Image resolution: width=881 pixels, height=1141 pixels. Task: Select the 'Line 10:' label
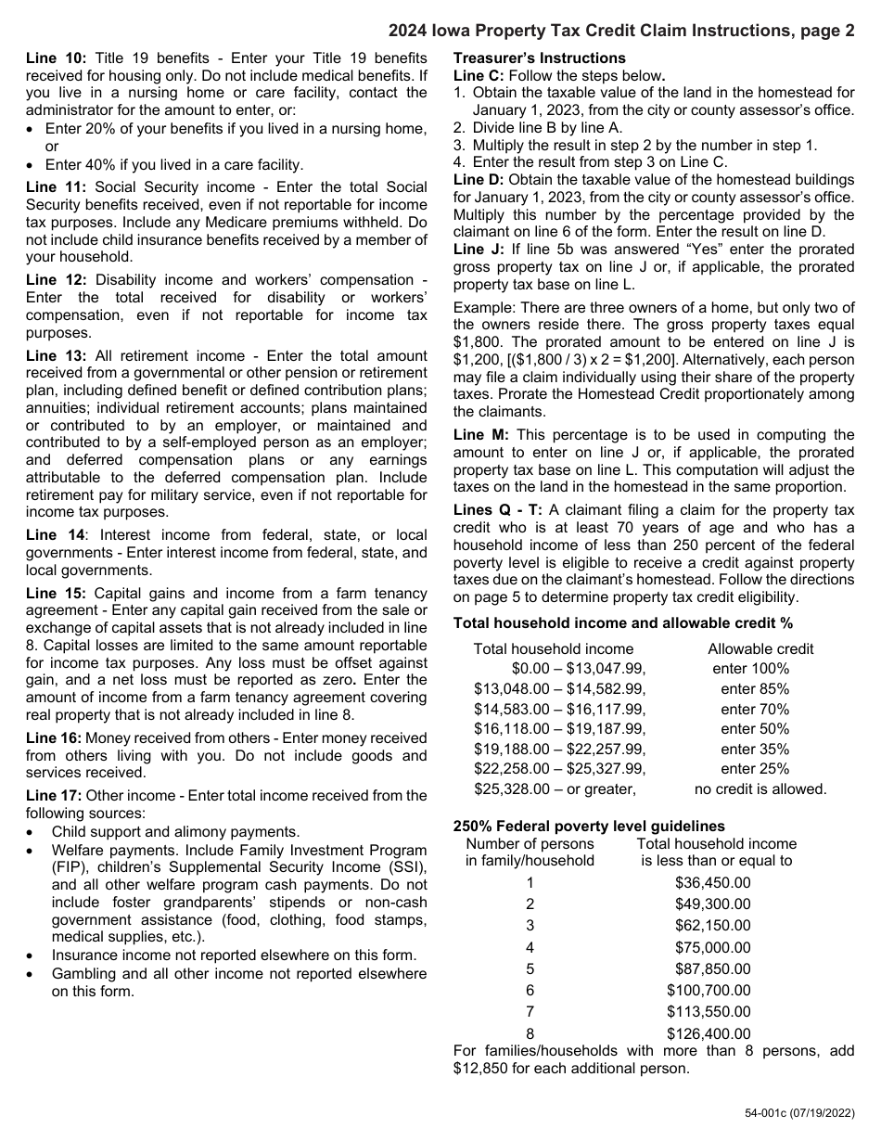click(x=56, y=58)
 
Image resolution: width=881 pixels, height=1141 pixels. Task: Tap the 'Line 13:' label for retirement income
click(x=56, y=355)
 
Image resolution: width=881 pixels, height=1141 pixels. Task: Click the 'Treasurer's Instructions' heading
click(x=539, y=58)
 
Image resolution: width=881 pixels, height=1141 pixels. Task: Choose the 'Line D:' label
click(x=479, y=179)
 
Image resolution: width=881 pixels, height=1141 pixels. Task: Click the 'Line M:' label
click(x=479, y=435)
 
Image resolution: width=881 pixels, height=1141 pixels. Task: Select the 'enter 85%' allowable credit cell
click(x=754, y=689)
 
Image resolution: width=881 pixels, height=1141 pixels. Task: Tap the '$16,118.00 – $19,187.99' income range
click(x=559, y=729)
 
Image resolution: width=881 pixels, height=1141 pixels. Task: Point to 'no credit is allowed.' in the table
click(x=760, y=789)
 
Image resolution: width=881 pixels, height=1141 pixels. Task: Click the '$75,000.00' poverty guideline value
click(x=712, y=947)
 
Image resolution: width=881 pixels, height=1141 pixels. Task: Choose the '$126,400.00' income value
click(x=709, y=1033)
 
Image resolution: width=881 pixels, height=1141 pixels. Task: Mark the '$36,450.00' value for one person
click(x=712, y=882)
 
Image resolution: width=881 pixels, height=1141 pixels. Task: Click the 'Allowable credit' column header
click(x=760, y=649)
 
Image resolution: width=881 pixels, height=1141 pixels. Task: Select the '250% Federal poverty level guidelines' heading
click(x=589, y=826)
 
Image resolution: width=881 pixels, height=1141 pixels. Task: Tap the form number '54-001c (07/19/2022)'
click(x=799, y=1113)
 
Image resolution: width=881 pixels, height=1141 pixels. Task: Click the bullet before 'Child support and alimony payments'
click(x=32, y=833)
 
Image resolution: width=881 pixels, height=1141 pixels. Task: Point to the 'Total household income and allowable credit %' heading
click(x=622, y=623)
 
